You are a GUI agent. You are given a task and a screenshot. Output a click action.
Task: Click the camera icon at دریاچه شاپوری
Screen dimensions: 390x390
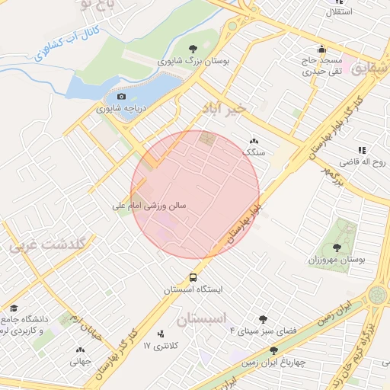121,97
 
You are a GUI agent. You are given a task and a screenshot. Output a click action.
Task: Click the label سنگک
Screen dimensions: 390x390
254,152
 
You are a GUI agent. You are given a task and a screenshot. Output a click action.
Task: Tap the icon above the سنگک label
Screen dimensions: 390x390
254,141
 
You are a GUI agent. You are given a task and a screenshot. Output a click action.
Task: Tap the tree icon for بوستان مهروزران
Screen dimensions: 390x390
337,248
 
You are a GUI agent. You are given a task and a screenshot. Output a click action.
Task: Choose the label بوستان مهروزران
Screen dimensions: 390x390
337,260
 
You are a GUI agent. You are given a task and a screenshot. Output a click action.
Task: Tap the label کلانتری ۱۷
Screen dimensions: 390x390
160,346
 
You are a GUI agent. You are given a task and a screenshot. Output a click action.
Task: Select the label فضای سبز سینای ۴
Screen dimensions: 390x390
264,331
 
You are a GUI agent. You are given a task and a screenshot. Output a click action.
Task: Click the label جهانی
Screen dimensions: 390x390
80,362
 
